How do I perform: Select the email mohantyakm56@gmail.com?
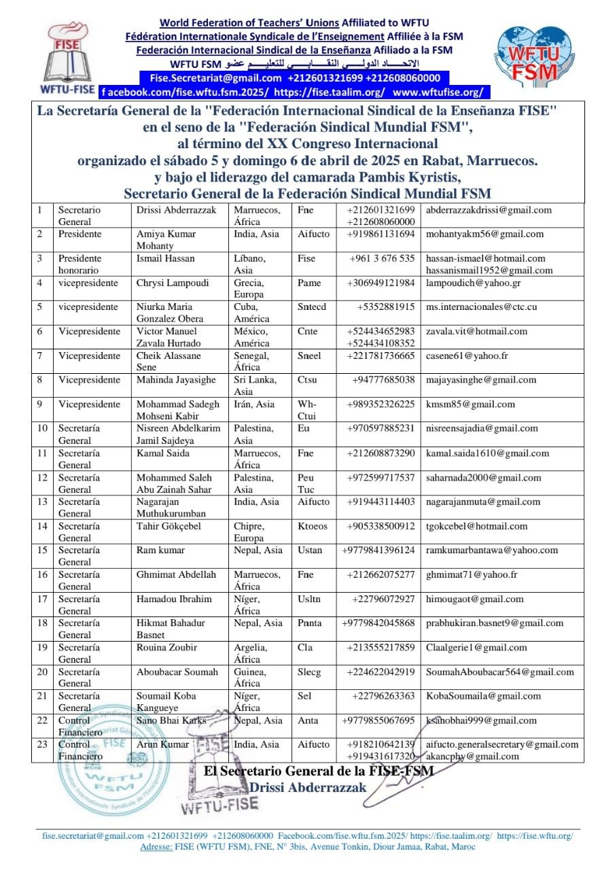[x=485, y=234]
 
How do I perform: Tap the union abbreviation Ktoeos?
[x=313, y=526]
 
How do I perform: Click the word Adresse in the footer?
[x=156, y=847]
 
